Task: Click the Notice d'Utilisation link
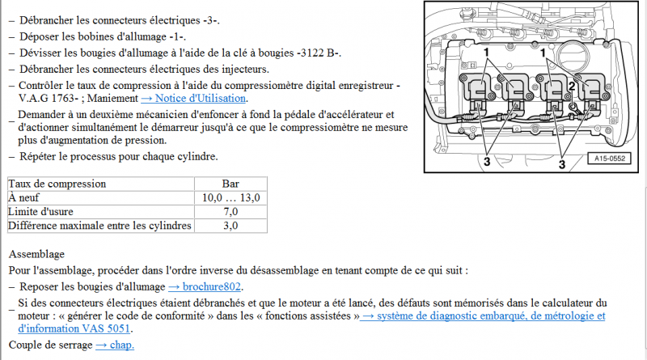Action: (x=194, y=98)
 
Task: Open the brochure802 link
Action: (x=205, y=286)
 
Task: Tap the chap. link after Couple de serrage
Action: (x=115, y=345)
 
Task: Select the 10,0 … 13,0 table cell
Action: (x=230, y=197)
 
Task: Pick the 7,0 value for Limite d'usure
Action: (x=230, y=212)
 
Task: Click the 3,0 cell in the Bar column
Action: (x=230, y=226)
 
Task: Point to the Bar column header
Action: (x=230, y=184)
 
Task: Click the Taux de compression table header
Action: (x=57, y=184)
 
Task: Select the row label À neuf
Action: (x=23, y=197)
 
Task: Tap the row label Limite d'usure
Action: (x=40, y=212)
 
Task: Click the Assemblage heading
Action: (x=36, y=254)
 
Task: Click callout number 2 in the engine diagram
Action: (x=572, y=86)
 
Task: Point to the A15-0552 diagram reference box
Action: (x=610, y=158)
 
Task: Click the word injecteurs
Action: (x=245, y=69)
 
